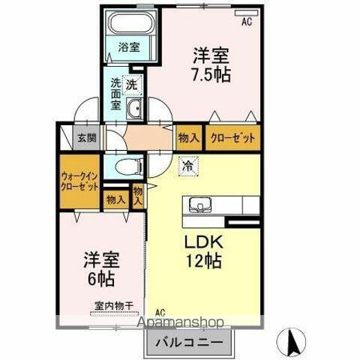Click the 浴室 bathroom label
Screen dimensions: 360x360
pos(128,47)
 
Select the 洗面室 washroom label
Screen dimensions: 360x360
pos(116,94)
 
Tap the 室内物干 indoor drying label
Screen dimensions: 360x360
pos(114,305)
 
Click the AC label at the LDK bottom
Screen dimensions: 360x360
pos(160,311)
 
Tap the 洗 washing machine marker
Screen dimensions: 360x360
pos(131,85)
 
